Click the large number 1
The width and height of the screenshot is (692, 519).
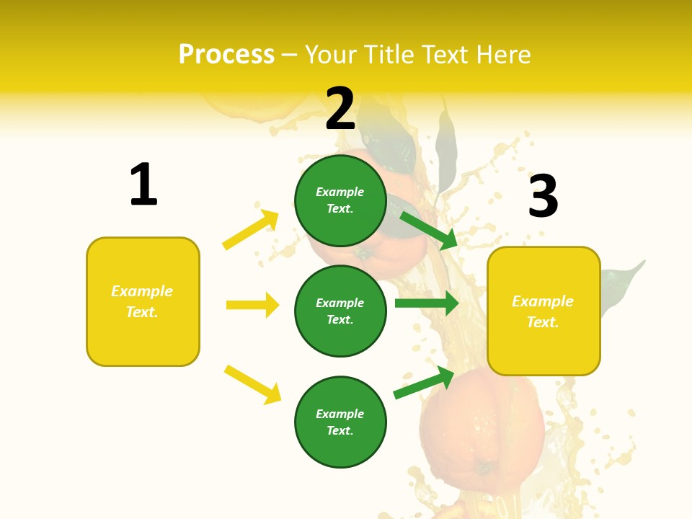point(143,185)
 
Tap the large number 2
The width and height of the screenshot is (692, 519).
point(340,109)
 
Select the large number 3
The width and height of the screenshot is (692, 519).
point(544,196)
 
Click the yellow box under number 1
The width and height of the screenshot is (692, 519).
point(143,301)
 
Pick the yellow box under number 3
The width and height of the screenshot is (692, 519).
point(544,311)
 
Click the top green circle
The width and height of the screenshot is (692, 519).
point(340,200)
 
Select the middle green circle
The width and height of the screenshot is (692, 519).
point(340,311)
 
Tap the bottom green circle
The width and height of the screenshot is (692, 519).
point(340,422)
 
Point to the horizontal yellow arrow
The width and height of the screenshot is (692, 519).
point(252,305)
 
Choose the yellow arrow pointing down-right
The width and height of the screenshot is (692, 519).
point(252,384)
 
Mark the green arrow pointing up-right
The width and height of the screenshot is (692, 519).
point(424,382)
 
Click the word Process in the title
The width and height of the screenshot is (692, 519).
point(226,54)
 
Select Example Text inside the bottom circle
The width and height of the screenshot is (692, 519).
point(340,422)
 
